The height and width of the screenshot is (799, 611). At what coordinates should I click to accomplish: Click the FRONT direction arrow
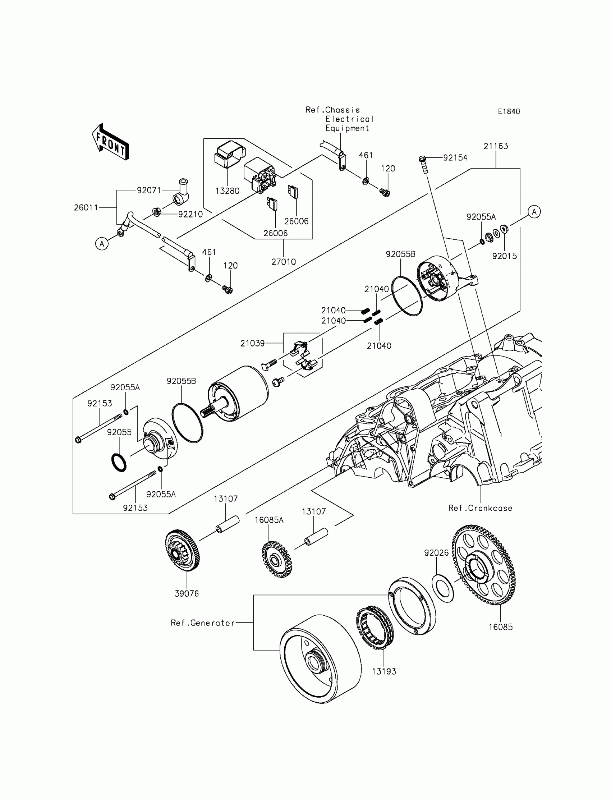(x=110, y=142)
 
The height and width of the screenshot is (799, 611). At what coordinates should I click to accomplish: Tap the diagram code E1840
(x=509, y=112)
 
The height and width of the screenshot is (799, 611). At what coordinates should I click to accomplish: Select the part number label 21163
(x=496, y=146)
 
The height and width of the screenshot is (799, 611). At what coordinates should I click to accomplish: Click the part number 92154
(x=455, y=158)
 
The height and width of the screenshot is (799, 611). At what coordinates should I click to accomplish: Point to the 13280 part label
(x=227, y=191)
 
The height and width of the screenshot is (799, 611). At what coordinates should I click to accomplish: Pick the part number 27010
(x=284, y=262)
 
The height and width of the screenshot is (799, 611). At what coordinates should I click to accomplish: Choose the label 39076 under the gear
(x=187, y=594)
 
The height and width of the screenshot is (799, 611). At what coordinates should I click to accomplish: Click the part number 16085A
(x=269, y=520)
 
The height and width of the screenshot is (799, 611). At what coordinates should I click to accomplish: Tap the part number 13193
(x=384, y=672)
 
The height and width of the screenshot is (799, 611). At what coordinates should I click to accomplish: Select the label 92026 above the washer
(x=436, y=553)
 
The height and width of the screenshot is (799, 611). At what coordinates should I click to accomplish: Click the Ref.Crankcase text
(x=480, y=509)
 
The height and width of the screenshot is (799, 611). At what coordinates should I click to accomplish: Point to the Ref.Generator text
(x=203, y=623)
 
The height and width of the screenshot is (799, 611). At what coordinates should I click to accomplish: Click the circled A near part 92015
(x=534, y=212)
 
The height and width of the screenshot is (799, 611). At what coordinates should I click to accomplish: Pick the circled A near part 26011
(x=102, y=244)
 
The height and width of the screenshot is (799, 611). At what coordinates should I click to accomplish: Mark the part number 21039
(x=253, y=343)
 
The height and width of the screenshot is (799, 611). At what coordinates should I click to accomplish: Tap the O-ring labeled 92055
(x=119, y=463)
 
